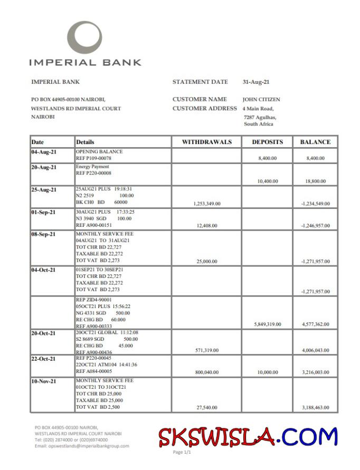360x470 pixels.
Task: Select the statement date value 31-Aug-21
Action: coord(256,82)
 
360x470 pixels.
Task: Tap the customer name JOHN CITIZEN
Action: coord(261,99)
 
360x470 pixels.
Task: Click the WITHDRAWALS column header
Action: coord(207,142)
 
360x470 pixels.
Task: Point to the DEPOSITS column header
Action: coord(267,142)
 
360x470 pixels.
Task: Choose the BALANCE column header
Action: coord(315,142)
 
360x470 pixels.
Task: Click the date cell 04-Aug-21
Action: coord(44,152)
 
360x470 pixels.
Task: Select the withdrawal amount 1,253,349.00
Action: coord(207,203)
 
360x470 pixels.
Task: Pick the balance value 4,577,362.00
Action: coord(316,324)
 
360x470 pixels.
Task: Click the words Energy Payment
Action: coord(93,167)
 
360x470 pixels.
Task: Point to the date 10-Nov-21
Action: coord(44,381)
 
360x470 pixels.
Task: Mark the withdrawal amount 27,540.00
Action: coord(207,407)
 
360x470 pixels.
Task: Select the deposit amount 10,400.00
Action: coord(268,181)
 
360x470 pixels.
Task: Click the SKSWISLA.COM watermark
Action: coord(248,437)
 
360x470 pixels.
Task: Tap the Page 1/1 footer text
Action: coord(182,453)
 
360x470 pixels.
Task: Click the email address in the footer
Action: coord(82,446)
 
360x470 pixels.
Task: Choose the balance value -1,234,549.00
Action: coord(316,203)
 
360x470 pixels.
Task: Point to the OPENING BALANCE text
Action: coord(99,151)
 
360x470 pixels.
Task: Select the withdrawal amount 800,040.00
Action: coord(207,372)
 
